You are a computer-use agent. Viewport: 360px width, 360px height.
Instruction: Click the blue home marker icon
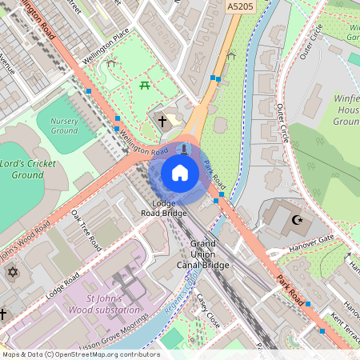(180, 172)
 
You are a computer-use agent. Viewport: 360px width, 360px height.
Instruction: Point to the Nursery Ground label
(64, 125)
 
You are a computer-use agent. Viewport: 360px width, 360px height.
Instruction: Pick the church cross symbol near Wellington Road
(162, 122)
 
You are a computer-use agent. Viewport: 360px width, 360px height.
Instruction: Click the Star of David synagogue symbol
(11, 274)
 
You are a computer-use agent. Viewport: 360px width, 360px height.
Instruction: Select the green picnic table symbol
(145, 84)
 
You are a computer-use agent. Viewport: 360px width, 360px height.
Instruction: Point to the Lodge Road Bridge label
(164, 208)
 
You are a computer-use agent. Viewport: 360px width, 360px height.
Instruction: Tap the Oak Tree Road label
(86, 228)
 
